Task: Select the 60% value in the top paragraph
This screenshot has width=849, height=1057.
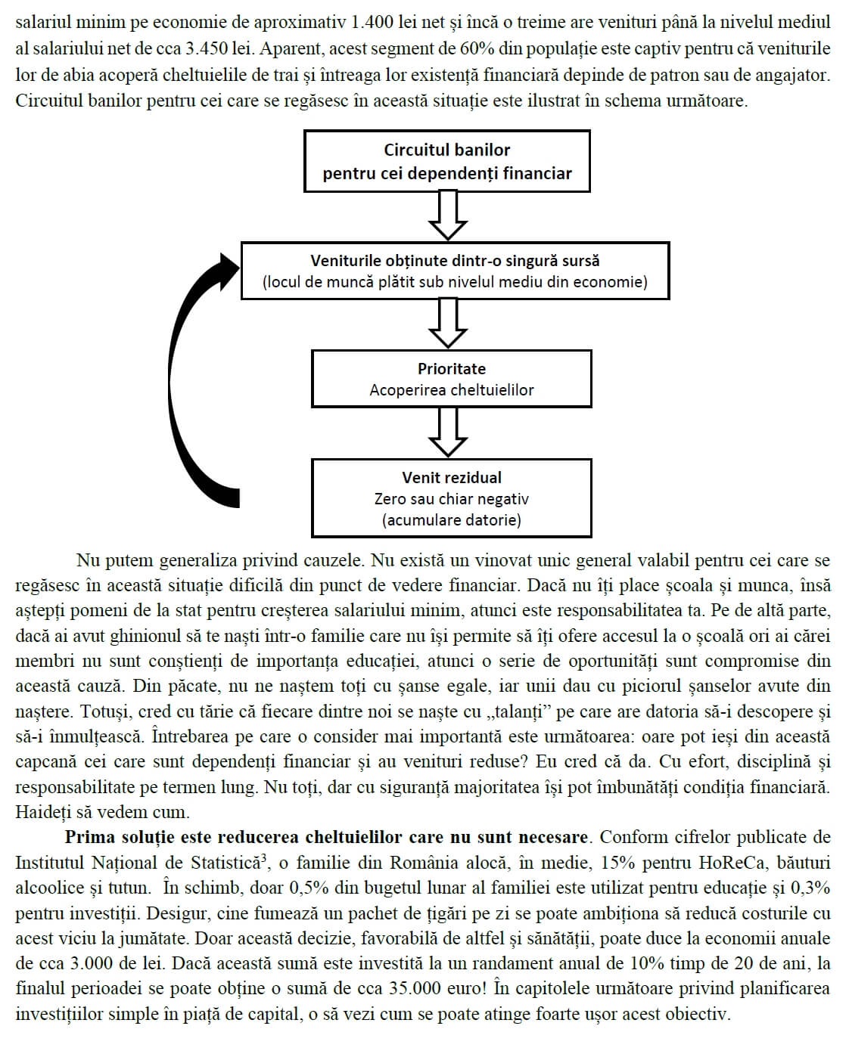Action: (x=477, y=48)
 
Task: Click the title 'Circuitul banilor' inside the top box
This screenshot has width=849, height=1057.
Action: (x=447, y=150)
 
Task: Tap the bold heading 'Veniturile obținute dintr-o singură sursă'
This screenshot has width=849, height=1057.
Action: (x=455, y=261)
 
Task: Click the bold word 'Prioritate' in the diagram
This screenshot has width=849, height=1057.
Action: (x=452, y=369)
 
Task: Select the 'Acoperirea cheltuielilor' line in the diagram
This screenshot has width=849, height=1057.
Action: (x=452, y=390)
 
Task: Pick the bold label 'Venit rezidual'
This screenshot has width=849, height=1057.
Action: (x=452, y=478)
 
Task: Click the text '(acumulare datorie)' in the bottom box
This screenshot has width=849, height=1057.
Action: (x=452, y=520)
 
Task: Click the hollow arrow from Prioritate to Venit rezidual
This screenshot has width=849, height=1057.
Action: (x=448, y=433)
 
